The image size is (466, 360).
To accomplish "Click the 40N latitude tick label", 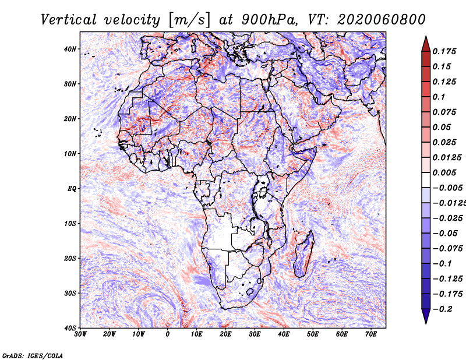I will [x=70, y=49].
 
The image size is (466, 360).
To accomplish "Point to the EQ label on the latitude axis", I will [x=71, y=188].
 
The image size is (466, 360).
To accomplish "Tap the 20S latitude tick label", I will [x=70, y=258].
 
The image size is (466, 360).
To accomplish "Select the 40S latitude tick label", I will [x=70, y=327].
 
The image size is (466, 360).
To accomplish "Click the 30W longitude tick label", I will [x=80, y=334].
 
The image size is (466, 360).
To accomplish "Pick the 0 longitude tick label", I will [x=168, y=334].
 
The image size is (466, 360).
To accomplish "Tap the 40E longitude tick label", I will [x=284, y=334].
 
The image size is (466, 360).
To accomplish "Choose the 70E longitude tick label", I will [x=371, y=334].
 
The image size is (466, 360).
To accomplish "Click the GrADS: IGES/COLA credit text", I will [x=33, y=355].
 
